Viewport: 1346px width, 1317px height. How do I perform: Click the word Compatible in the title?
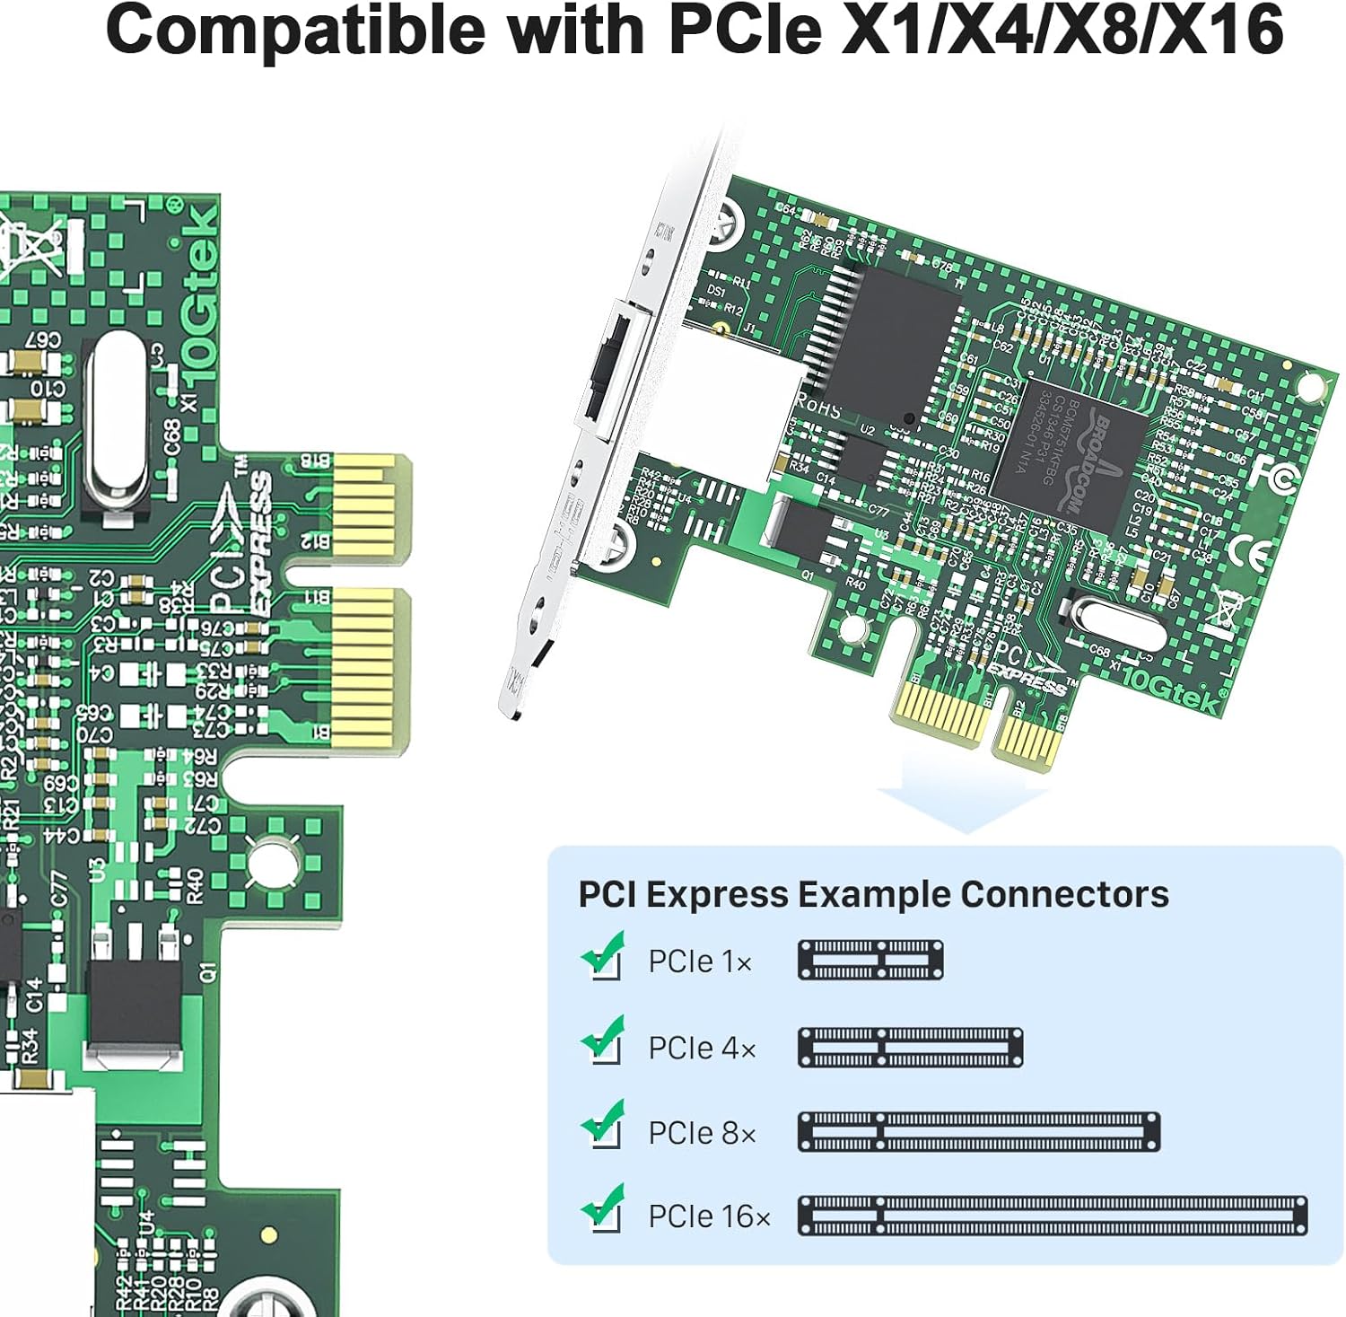pos(296,31)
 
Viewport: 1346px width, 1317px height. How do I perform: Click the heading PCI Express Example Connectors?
pos(872,894)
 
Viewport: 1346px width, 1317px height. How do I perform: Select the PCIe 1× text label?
pos(700,961)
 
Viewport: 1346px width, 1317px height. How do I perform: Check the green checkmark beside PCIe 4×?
pos(603,1041)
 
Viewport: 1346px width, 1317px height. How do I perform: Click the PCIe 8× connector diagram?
pos(978,1132)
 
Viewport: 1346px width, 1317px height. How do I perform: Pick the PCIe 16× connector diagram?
pos(1052,1216)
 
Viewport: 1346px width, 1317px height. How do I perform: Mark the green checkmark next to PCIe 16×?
pos(603,1208)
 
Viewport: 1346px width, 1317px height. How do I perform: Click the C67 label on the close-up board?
pos(42,341)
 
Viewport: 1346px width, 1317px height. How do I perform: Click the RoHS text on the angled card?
pos(817,407)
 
